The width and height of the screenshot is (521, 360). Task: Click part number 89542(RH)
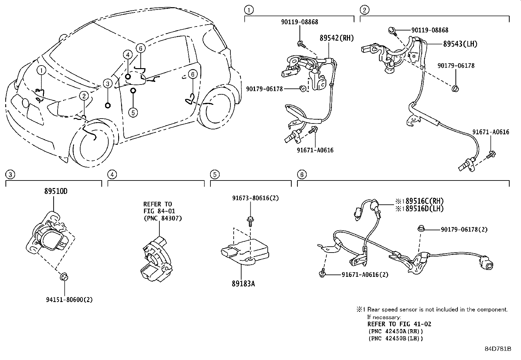coord(337,38)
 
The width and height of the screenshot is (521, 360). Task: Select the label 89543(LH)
coord(460,44)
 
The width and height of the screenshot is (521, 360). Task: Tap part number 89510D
coord(56,191)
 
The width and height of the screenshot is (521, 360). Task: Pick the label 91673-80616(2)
coord(255,198)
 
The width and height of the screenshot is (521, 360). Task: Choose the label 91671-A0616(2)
coord(365,275)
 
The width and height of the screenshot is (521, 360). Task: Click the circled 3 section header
coord(10,175)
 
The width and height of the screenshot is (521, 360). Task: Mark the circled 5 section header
coord(214,175)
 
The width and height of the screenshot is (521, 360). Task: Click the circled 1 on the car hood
coord(41,70)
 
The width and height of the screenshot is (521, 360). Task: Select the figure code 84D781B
coord(497,349)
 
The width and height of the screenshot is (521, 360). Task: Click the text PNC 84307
coord(163,218)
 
